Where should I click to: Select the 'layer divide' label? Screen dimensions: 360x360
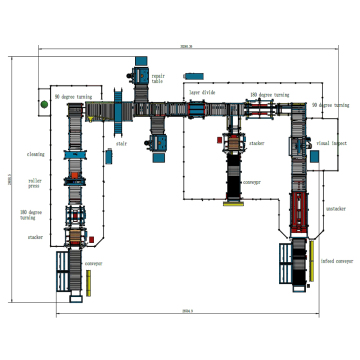pos(203,91)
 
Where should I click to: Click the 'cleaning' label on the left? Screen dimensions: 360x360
pos(35,155)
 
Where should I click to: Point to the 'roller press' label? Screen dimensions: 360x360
pos(35,184)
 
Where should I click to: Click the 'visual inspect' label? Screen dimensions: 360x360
pos(330,143)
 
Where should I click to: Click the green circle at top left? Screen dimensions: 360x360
pos(44,103)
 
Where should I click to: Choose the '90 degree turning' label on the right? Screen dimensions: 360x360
pos(329,104)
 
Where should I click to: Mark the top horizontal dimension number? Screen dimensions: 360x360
pos(185,46)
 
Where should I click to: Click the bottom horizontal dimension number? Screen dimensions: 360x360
pos(187,312)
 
